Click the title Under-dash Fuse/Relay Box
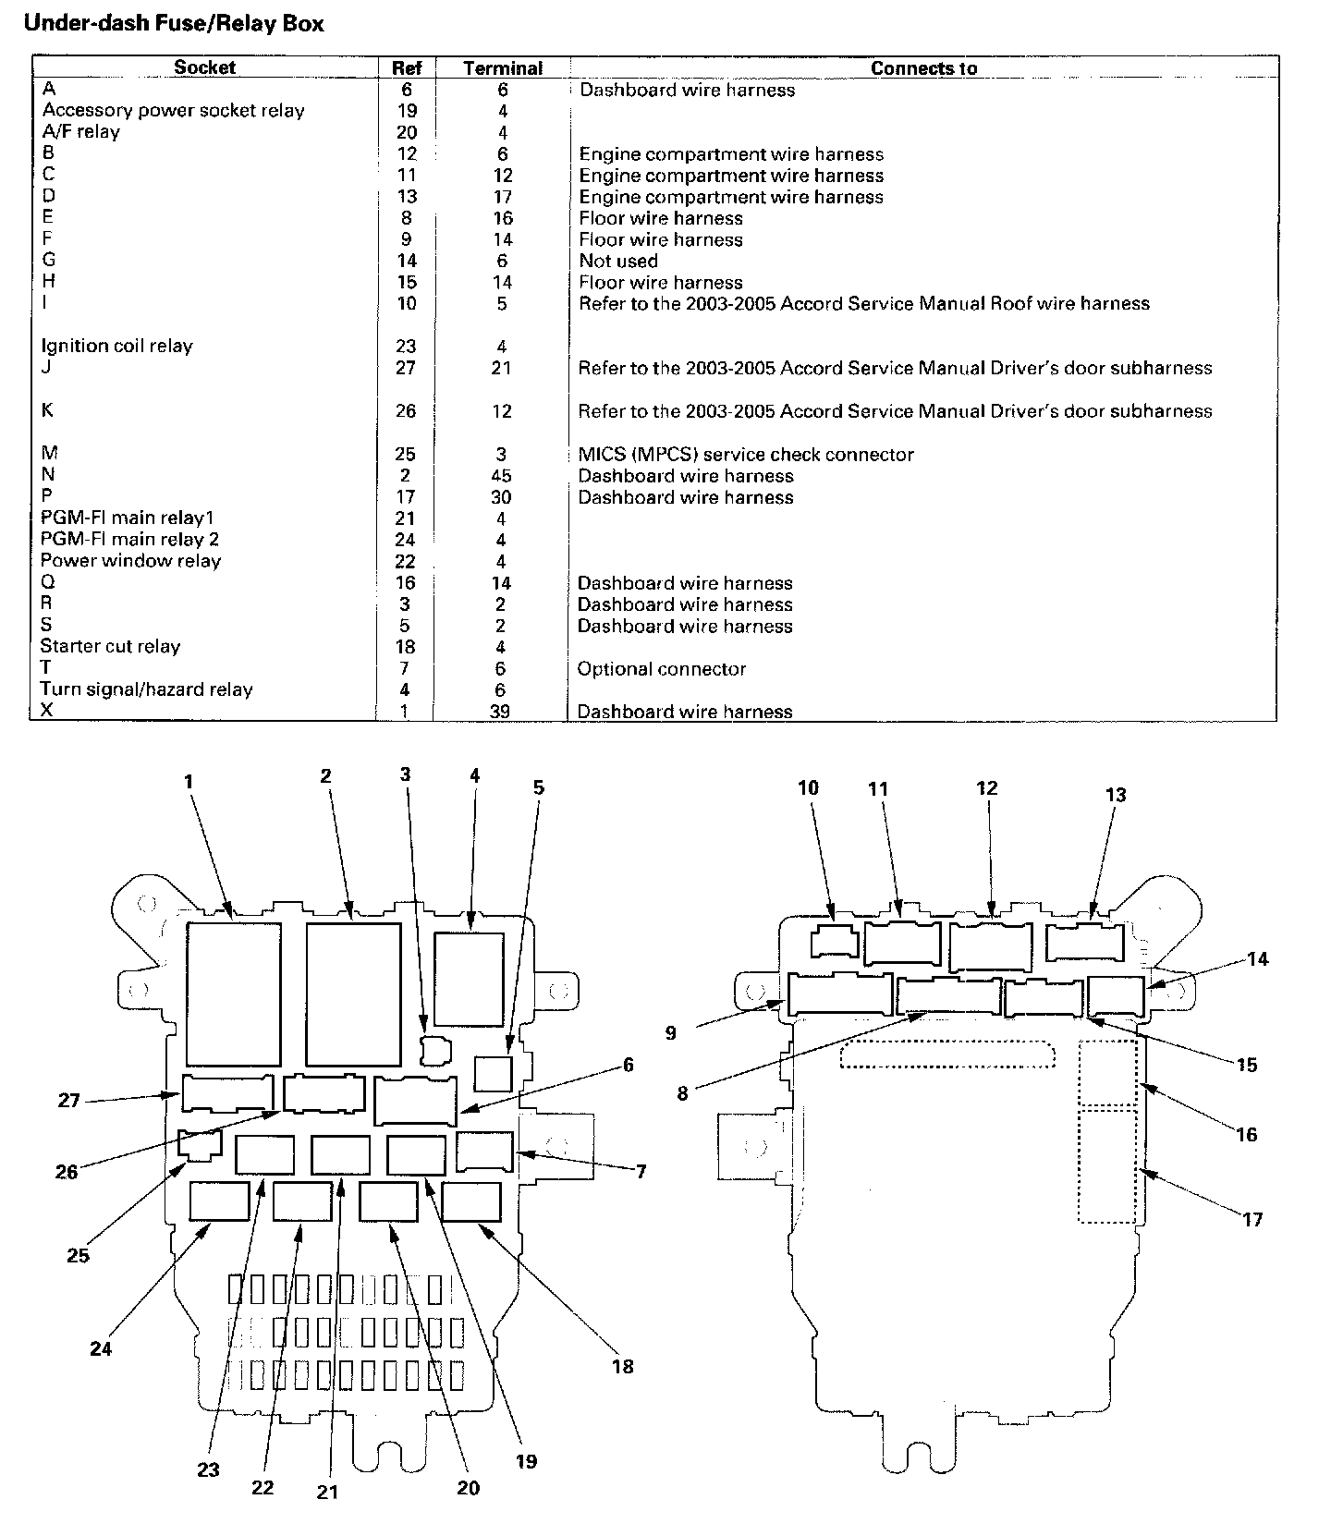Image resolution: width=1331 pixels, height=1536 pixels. (x=174, y=24)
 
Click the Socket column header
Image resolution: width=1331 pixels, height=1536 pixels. (x=204, y=67)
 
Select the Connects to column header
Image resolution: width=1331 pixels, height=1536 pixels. (x=923, y=68)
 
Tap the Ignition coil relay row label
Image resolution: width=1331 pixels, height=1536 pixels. (x=116, y=347)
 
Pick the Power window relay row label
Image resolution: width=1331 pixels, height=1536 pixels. (x=130, y=561)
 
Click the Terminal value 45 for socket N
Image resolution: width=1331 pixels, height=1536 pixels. (x=502, y=476)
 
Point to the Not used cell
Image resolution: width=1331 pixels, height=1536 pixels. (x=618, y=262)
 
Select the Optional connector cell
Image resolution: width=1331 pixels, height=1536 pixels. (x=661, y=669)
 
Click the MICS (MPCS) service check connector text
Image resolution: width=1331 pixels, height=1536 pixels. (x=745, y=455)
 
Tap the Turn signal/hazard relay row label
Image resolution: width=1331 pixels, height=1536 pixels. (x=146, y=689)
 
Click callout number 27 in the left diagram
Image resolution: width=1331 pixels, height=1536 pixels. (x=69, y=1101)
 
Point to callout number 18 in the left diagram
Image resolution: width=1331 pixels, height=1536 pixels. (x=623, y=1366)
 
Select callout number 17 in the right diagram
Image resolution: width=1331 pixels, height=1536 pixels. (x=1252, y=1220)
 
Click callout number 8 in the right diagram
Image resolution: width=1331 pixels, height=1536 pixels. (x=682, y=1094)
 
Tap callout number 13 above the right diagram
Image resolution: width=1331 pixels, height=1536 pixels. (x=1116, y=795)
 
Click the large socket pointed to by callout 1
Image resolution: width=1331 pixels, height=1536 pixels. (x=233, y=994)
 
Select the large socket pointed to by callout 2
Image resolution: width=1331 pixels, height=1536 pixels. (x=353, y=994)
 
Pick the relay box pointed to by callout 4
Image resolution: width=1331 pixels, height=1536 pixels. (x=469, y=979)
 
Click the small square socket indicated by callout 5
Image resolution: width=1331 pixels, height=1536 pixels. (x=493, y=1073)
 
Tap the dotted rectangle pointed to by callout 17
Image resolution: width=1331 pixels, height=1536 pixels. (x=1107, y=1166)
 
